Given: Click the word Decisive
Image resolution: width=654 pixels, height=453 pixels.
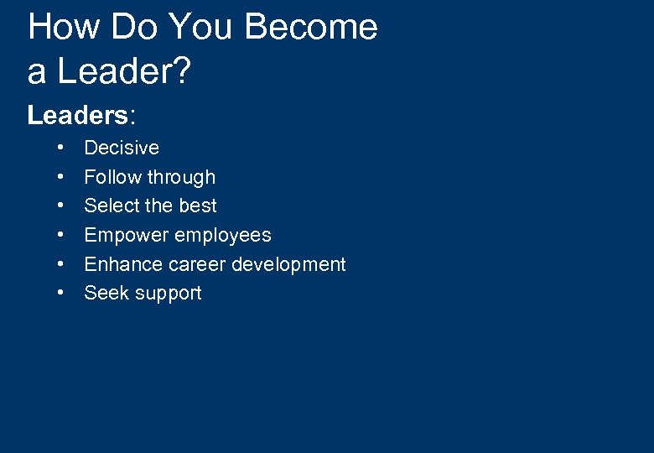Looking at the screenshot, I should pos(122,148).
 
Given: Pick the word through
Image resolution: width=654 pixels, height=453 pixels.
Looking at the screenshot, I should pos(181,177).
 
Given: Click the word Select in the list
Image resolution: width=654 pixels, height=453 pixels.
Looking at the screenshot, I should pos(112,206).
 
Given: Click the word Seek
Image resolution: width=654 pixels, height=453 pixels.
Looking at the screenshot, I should pos(106,293).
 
